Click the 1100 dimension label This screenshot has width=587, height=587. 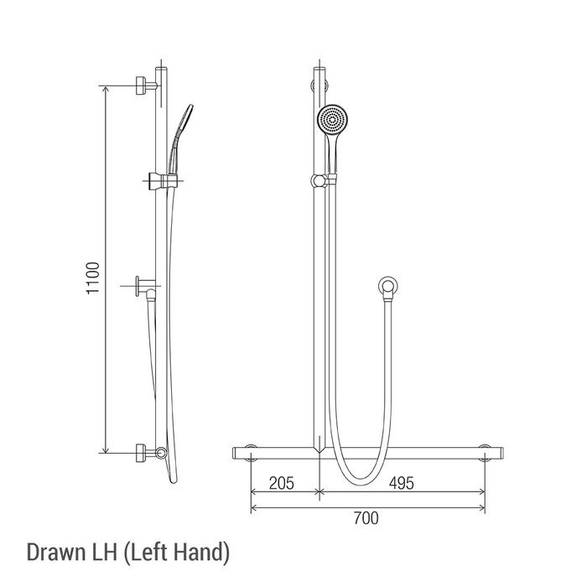92,278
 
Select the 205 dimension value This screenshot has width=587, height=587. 282,483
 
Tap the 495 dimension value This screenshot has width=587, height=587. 402,483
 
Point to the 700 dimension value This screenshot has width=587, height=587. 366,518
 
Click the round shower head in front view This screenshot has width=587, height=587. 332,120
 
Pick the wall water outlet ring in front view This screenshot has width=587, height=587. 387,287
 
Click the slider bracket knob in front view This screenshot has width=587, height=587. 318,181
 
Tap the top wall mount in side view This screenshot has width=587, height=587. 146,86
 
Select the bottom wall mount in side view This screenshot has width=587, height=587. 146,453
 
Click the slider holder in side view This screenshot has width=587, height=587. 164,181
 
